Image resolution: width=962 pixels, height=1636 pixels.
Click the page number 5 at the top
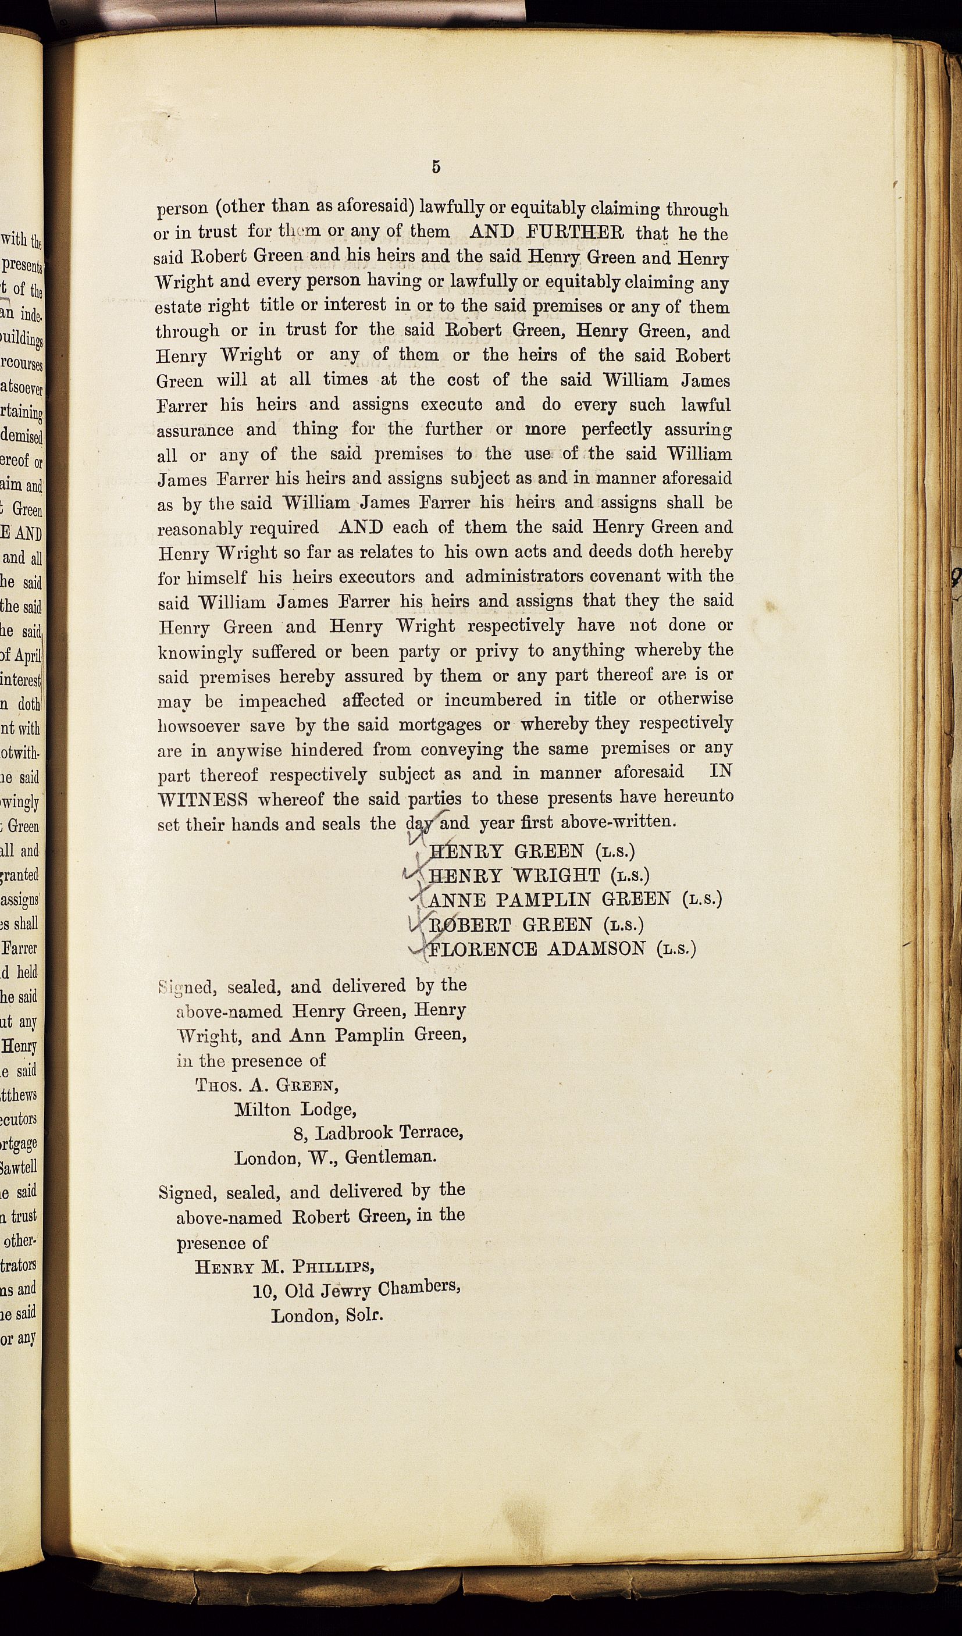pos(436,167)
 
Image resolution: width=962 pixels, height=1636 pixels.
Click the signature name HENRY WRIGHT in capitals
pos(515,876)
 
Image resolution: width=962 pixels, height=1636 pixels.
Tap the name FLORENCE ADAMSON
pos(538,949)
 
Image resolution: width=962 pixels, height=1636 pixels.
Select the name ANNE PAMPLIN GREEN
pos(550,900)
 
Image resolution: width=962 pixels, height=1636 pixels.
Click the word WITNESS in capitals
pos(202,799)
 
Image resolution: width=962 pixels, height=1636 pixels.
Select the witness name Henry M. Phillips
pos(284,1267)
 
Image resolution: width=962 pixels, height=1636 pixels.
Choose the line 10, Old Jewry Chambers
pos(357,1289)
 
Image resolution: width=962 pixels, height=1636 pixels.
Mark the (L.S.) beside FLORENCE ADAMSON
pos(676,949)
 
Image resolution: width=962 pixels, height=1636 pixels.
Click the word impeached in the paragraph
pos(282,701)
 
